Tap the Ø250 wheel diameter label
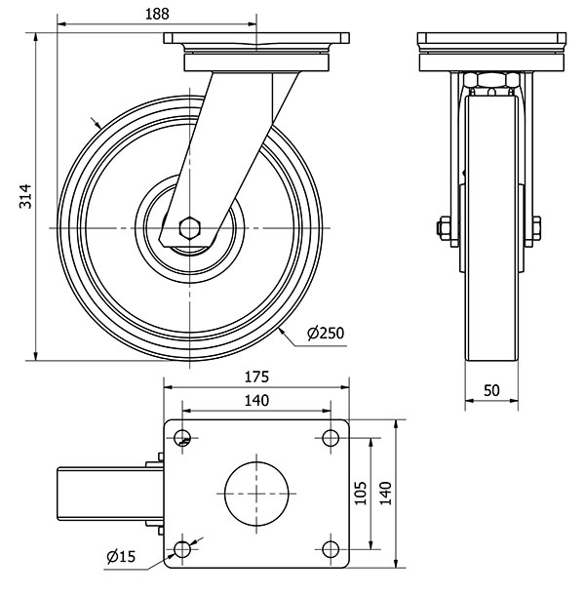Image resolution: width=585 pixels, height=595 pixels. (x=326, y=334)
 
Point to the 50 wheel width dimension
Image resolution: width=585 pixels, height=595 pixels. (x=491, y=389)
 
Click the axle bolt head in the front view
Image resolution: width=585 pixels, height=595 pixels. (x=442, y=230)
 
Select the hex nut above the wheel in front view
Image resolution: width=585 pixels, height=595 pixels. (x=490, y=81)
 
